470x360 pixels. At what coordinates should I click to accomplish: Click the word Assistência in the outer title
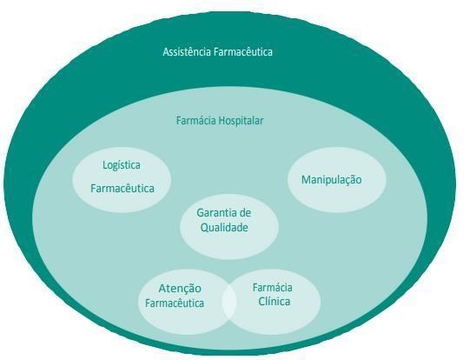coord(187,52)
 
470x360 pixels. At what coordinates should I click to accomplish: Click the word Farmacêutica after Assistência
coord(243,52)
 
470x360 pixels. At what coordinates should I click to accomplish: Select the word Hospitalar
coord(241,121)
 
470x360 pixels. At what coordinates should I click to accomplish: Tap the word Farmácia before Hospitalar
coord(195,121)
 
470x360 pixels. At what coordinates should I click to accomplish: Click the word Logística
coord(122,165)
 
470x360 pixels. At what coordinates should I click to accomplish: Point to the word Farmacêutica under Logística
coord(122,189)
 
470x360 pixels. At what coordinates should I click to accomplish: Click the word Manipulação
coord(331,180)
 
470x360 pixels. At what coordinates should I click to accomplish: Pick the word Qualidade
coord(224,228)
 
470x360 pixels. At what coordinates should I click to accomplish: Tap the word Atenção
coord(180,289)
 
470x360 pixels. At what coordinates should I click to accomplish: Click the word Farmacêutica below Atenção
coord(175,303)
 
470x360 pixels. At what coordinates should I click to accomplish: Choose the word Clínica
coord(274,301)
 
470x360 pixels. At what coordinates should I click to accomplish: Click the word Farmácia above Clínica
coord(272,288)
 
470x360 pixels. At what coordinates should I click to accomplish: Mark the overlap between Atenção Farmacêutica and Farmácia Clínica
coord(229,302)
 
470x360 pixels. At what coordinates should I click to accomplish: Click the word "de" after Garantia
coord(244,213)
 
